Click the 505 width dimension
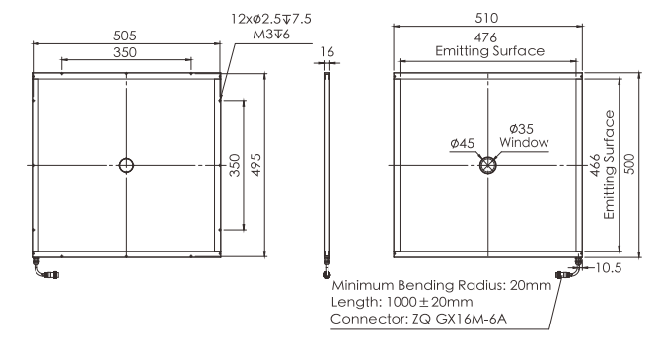coord(125,36)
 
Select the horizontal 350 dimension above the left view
coord(125,52)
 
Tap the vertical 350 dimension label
coord(235,165)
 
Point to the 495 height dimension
coord(255,165)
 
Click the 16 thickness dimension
coord(327,52)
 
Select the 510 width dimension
coord(487,18)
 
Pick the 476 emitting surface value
coord(486,37)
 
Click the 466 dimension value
coord(595,165)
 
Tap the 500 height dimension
coord(629,164)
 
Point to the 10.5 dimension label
coord(609,268)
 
